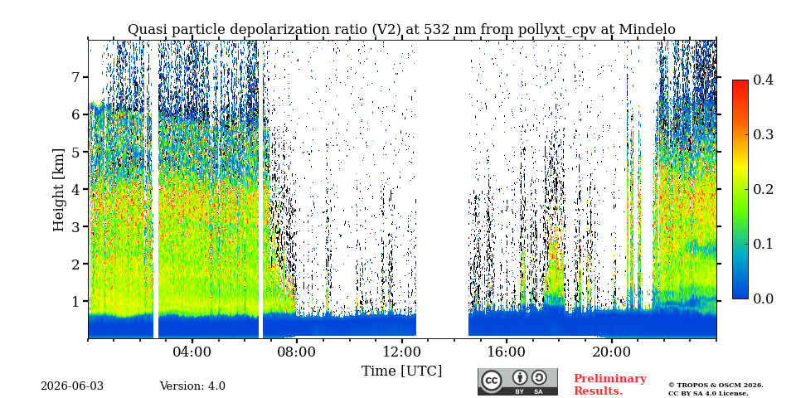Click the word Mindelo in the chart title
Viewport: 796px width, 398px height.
tap(648, 30)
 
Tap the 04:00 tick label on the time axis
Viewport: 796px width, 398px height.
tap(192, 352)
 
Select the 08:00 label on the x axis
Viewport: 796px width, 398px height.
tap(297, 352)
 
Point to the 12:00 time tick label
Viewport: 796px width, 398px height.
tap(401, 352)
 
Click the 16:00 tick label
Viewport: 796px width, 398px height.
tap(507, 352)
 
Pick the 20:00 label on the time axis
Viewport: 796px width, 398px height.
tap(611, 352)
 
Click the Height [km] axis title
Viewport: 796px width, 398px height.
tap(60, 190)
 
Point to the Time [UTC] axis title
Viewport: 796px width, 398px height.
tap(401, 371)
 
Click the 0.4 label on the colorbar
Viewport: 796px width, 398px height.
tap(763, 80)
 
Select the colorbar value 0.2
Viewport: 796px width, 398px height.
tap(763, 189)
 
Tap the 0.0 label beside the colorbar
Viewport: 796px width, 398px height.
tap(763, 298)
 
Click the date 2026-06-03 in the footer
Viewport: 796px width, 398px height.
tap(72, 386)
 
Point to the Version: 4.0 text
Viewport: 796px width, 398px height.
tap(192, 386)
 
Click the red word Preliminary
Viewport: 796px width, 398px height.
tap(610, 379)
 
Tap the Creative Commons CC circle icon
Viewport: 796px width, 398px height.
tap(492, 381)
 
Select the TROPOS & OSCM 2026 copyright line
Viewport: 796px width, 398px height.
tap(716, 386)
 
